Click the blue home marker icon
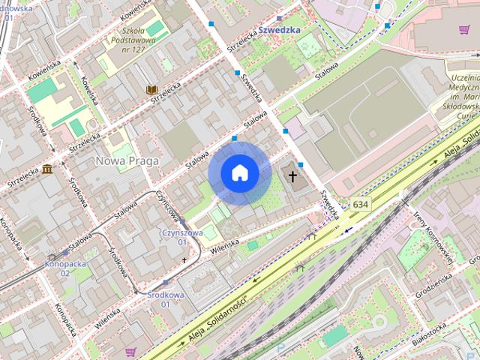[239, 173]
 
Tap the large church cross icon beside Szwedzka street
[293, 177]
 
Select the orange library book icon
[151, 90]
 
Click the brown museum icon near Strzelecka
[47, 168]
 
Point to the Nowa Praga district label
[125, 160]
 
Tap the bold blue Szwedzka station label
[279, 30]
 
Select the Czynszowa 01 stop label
[182, 237]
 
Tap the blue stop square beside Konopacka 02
[65, 253]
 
